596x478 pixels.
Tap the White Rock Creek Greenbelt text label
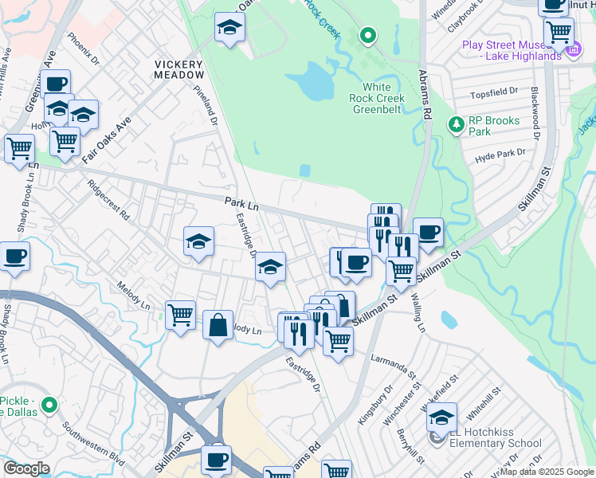click(x=377, y=98)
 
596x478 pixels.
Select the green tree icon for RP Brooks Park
click(x=456, y=124)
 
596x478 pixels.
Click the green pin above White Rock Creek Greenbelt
click(x=367, y=35)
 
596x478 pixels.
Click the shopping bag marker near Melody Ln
click(x=218, y=325)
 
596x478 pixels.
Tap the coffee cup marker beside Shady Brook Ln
click(x=15, y=257)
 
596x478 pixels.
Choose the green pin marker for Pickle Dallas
click(x=49, y=406)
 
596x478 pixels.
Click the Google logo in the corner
click(x=26, y=468)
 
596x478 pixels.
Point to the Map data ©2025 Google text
click(x=547, y=472)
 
